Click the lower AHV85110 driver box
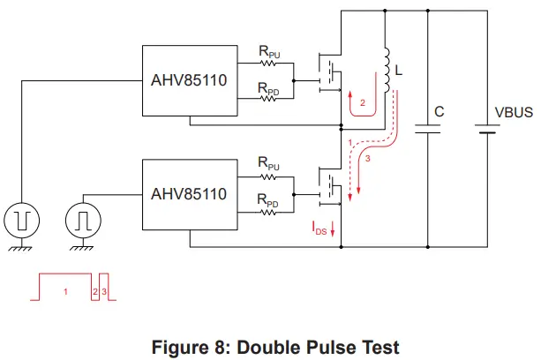click(x=189, y=193)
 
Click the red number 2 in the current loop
click(x=362, y=103)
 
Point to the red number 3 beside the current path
click(x=368, y=159)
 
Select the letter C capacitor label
click(x=438, y=113)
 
